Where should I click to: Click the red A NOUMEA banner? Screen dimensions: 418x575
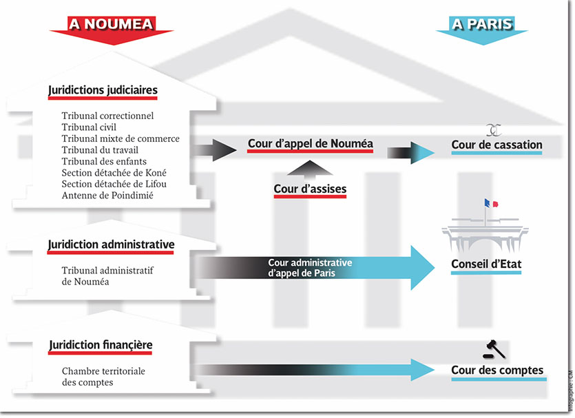[x=110, y=24]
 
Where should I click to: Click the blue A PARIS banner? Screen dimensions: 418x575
[x=482, y=24]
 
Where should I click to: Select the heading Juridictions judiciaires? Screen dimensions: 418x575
[x=103, y=90]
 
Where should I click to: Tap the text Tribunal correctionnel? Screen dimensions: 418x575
[x=107, y=116]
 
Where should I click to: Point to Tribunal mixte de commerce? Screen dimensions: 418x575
[x=121, y=138]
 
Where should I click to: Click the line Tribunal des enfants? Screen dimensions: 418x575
[x=103, y=161]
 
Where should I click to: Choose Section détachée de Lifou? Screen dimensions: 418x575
[x=114, y=184]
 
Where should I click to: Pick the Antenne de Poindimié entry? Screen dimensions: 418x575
[x=107, y=195]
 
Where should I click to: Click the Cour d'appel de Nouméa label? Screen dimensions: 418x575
[x=310, y=144]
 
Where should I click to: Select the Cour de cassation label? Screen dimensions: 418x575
[x=496, y=145]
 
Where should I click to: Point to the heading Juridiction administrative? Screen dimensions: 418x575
[x=111, y=244]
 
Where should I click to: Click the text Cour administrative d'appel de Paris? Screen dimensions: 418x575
[x=310, y=268]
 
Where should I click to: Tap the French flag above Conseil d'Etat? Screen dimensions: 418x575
[x=490, y=204]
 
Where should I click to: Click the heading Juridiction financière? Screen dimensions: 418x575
[x=101, y=345]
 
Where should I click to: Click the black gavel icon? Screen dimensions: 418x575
[x=493, y=349]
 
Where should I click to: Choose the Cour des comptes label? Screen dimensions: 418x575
[x=496, y=370]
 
